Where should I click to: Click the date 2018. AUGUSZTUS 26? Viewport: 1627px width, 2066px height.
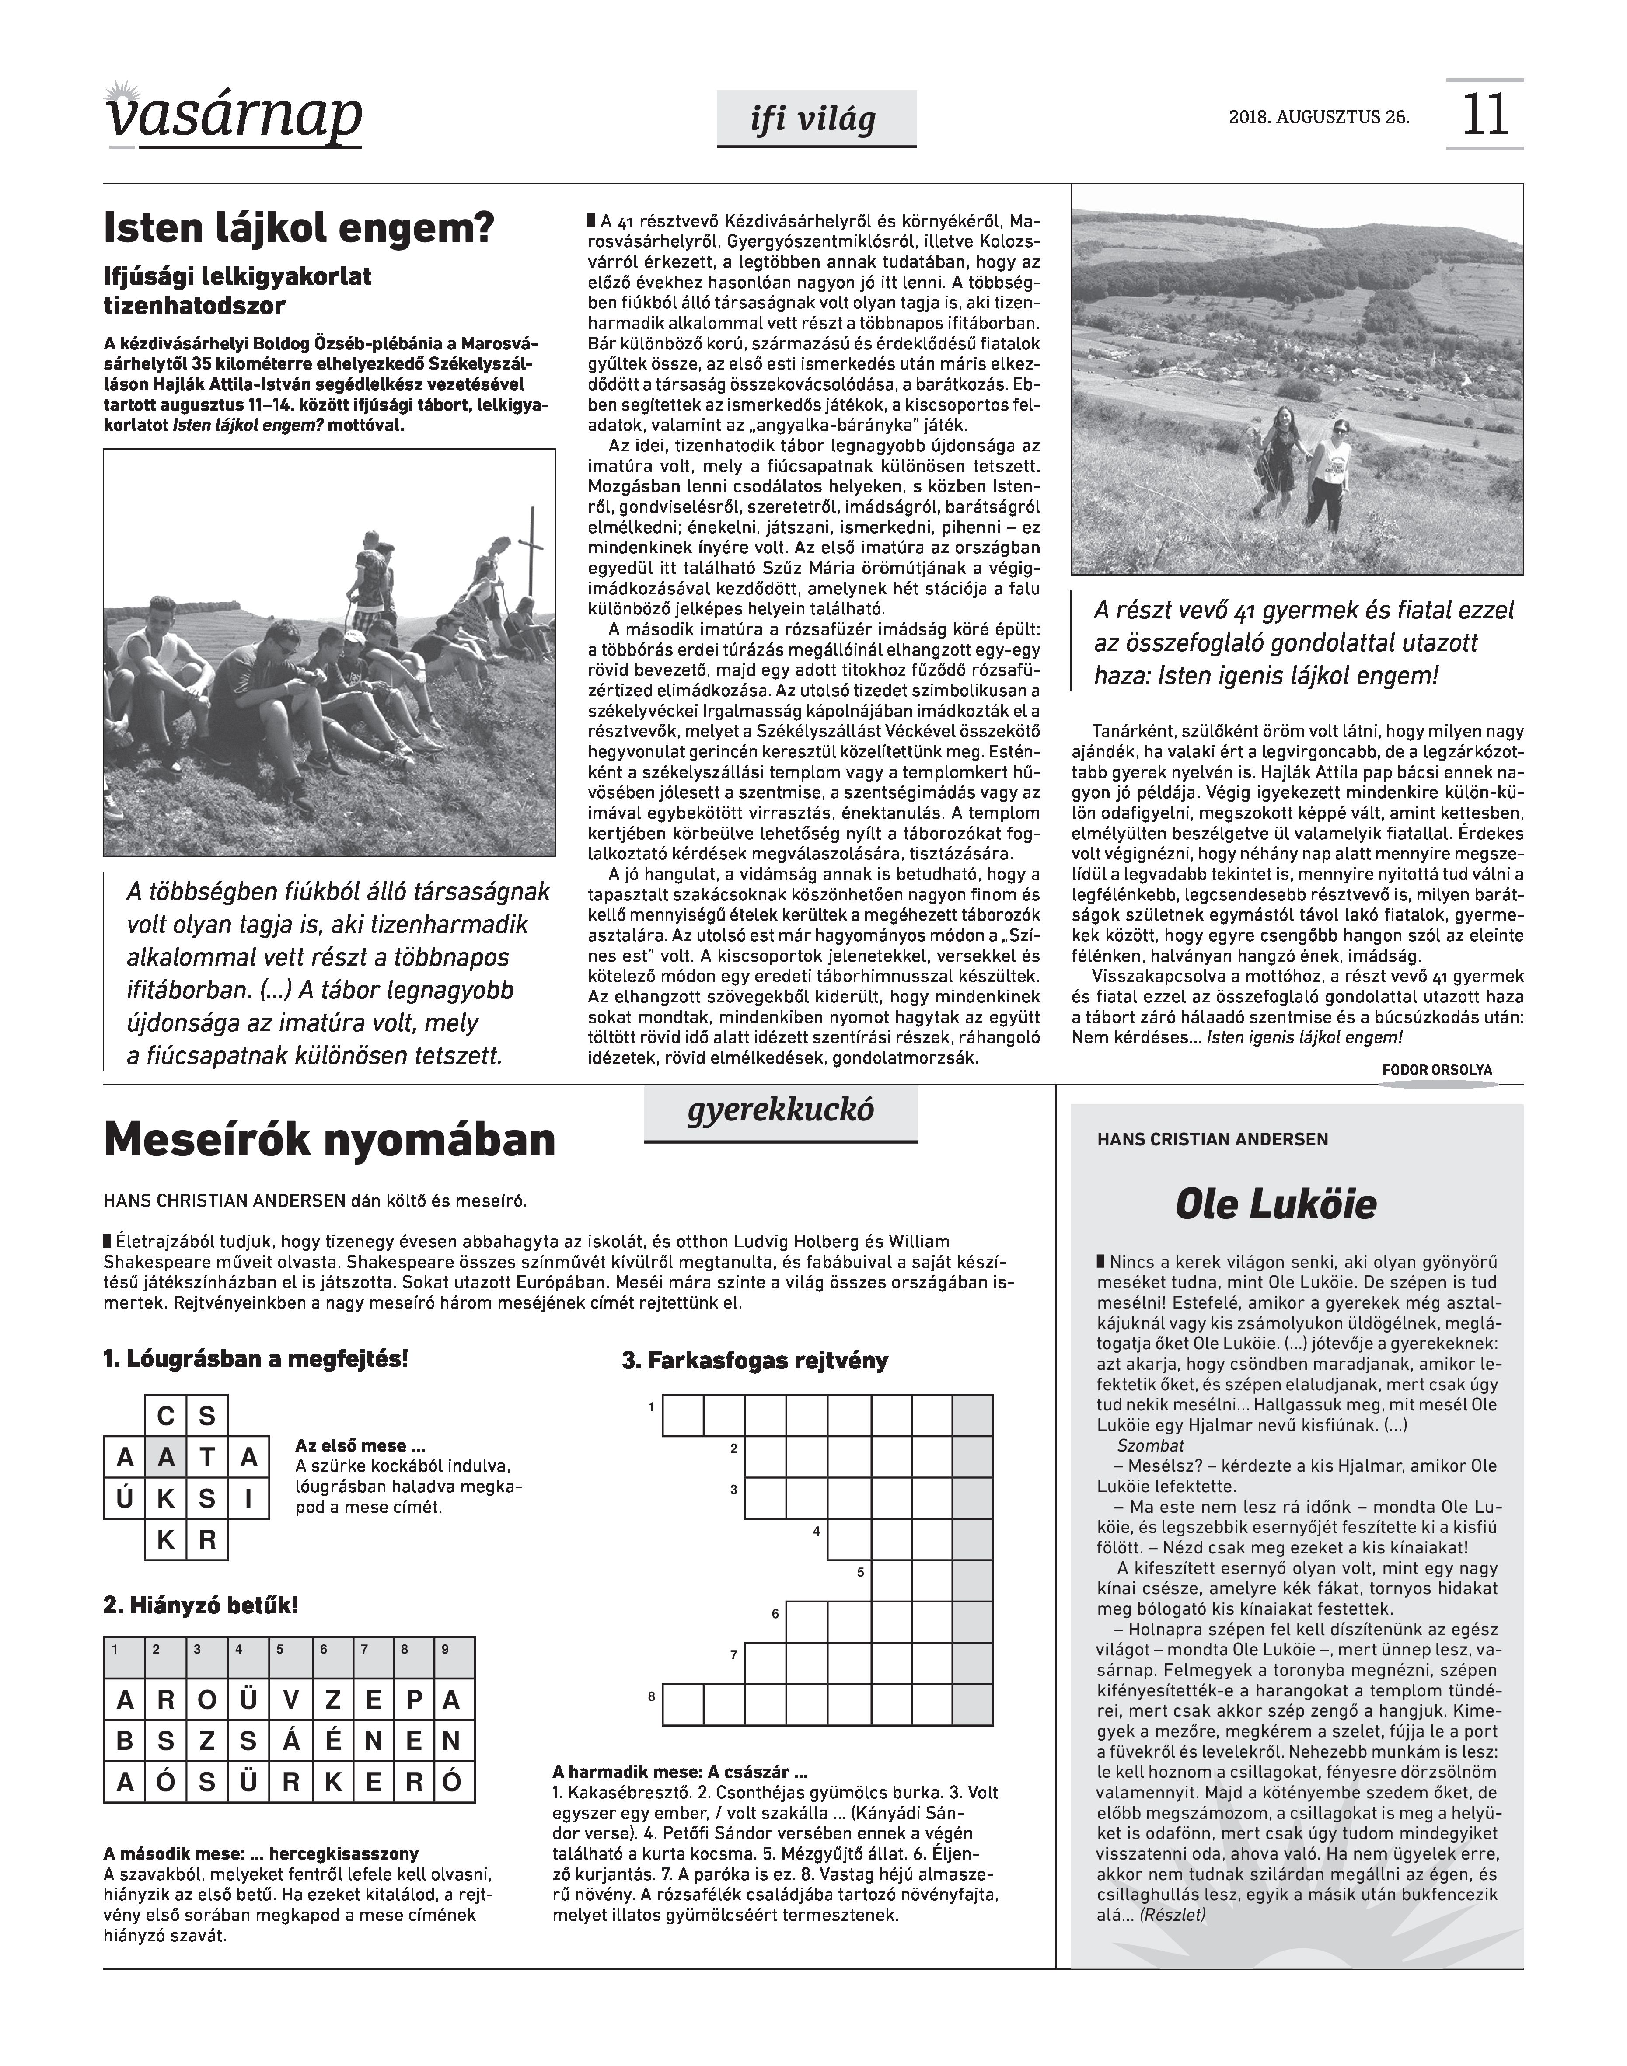(x=1320, y=118)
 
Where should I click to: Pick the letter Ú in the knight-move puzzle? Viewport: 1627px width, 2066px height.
(x=125, y=1499)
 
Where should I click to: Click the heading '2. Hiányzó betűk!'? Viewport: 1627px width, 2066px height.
(x=201, y=1605)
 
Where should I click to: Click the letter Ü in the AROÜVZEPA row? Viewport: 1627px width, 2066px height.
(x=248, y=1700)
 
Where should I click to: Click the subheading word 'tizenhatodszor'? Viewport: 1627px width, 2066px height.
(x=194, y=307)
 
